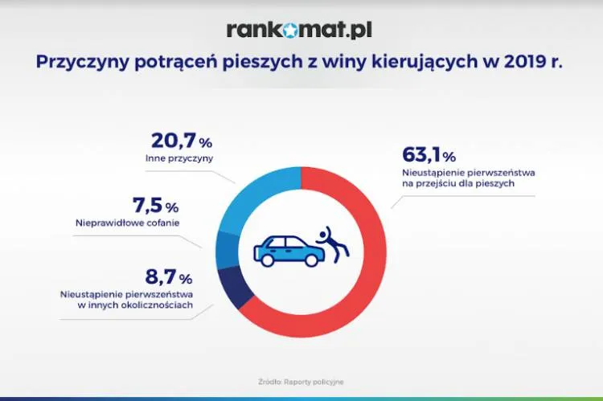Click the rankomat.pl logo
pos(299,30)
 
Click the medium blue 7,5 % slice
pos(224,249)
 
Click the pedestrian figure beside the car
pos(331,242)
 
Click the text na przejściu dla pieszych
pos(457,183)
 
